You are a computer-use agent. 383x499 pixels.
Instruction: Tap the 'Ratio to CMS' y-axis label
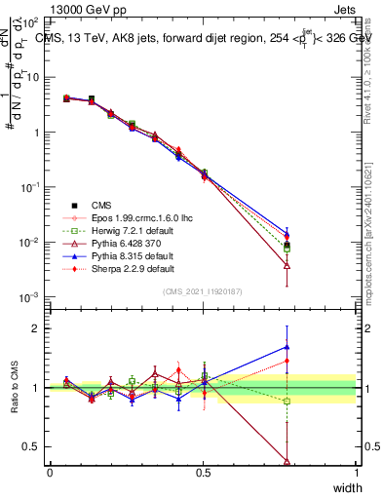click(x=15, y=388)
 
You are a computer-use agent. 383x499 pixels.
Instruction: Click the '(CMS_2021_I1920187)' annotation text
click(x=203, y=290)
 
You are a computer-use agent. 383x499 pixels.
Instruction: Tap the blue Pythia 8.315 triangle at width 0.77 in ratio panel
click(x=287, y=346)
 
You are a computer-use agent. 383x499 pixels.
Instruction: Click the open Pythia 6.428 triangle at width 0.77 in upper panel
click(x=287, y=264)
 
